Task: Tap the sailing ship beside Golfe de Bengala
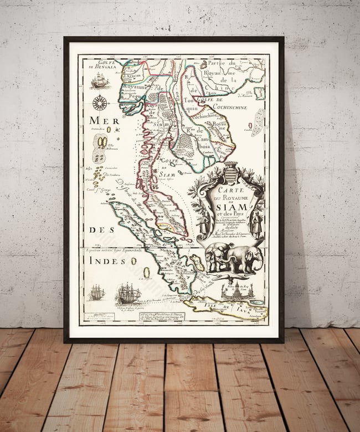98,81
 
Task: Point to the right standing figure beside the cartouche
258,224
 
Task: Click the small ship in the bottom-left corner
96,292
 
